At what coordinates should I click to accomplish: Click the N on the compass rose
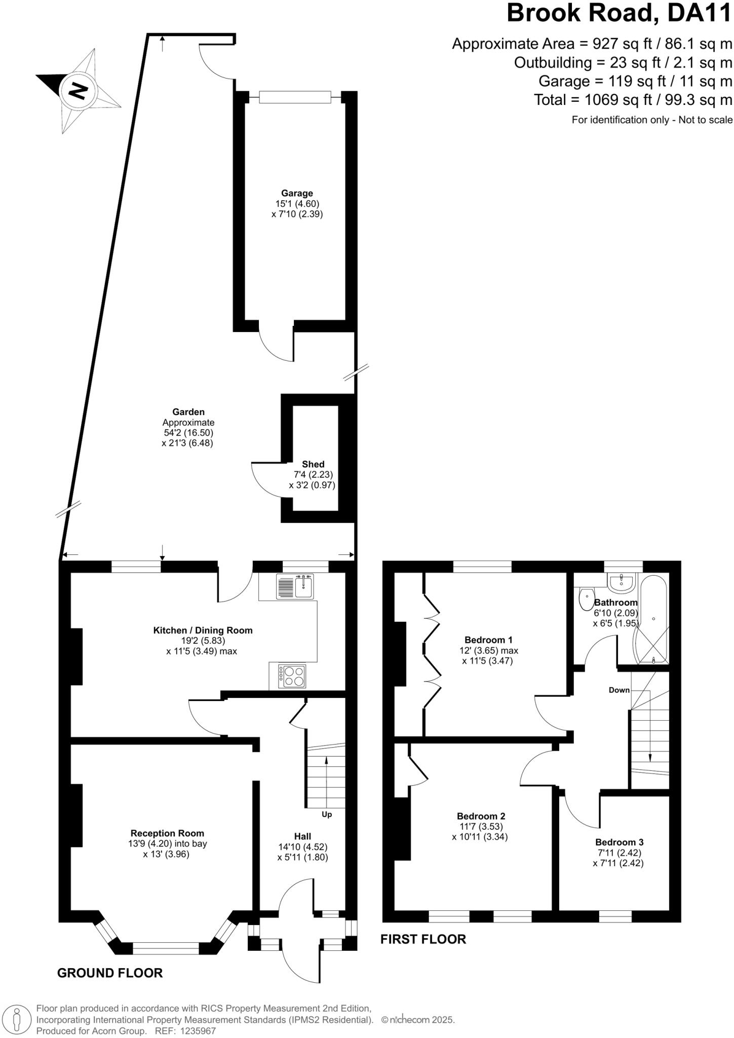click(x=78, y=91)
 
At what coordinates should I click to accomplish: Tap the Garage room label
click(x=297, y=193)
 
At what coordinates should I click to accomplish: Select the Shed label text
click(x=313, y=464)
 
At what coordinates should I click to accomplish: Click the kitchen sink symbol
click(x=296, y=586)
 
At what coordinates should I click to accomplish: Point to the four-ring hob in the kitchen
click(x=293, y=676)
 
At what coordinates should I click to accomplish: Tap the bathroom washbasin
click(x=622, y=584)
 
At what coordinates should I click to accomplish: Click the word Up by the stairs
click(x=327, y=814)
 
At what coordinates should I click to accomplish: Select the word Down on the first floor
click(x=619, y=690)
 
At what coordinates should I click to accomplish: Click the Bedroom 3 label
click(x=619, y=842)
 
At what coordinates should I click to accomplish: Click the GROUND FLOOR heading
click(x=110, y=973)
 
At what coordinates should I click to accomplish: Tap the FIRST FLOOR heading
click(x=423, y=939)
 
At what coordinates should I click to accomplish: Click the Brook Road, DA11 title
click(x=619, y=14)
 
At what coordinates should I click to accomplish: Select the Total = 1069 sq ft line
click(x=633, y=100)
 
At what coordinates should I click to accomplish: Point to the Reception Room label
click(x=167, y=833)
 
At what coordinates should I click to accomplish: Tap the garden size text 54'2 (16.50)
click(x=188, y=433)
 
